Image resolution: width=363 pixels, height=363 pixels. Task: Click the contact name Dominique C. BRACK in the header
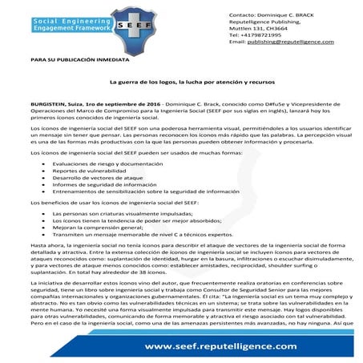[x=284, y=16]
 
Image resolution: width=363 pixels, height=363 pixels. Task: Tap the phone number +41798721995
[x=254, y=34]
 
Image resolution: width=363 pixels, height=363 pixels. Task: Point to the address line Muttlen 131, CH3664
[x=253, y=29]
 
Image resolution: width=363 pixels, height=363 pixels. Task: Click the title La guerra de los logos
[x=180, y=82]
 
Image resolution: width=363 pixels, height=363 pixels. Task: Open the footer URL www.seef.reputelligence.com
[x=232, y=345]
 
